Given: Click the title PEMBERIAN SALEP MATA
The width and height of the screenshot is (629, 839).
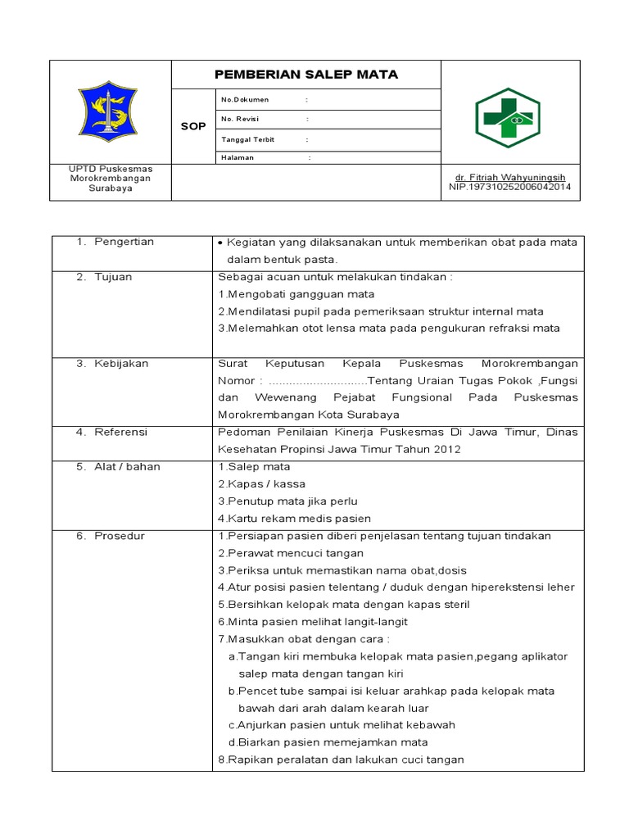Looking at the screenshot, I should tap(305, 75).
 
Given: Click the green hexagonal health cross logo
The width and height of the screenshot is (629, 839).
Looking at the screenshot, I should tap(508, 118).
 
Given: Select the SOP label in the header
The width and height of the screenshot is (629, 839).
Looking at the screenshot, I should tap(193, 126).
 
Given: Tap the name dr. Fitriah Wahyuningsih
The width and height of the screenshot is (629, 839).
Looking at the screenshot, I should tap(510, 177).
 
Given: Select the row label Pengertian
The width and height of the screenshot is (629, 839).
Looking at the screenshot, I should tap(124, 242).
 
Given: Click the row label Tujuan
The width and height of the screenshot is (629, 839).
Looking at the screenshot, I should tap(113, 277).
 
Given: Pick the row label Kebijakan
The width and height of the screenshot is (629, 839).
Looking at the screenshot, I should tap(121, 363).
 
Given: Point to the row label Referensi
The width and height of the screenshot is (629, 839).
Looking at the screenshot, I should tap(120, 432).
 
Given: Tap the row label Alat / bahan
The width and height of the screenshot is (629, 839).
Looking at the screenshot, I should tap(127, 466).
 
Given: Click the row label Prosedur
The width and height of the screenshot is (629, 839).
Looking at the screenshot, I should tap(120, 535).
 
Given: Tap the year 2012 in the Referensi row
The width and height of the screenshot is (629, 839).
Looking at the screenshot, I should tap(447, 449).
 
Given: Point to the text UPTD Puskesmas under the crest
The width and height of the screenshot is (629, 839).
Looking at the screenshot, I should tap(110, 169).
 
